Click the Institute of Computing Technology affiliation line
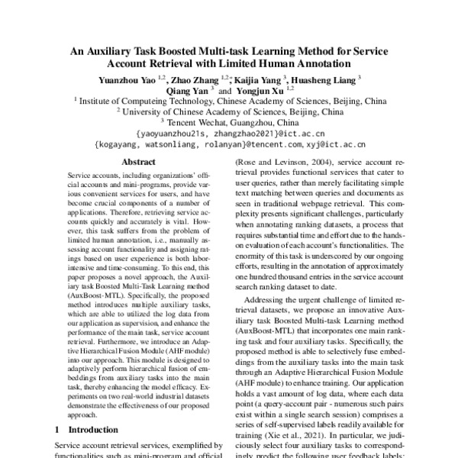(x=229, y=100)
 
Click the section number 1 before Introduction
(x=57, y=431)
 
